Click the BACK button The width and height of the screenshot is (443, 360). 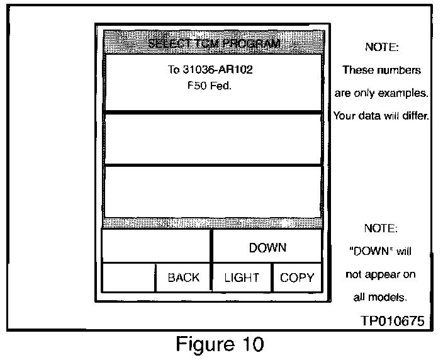point(183,278)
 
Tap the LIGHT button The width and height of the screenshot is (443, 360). point(242,278)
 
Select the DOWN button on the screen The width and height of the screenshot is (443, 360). point(267,247)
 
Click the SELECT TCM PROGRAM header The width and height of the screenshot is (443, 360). point(213,43)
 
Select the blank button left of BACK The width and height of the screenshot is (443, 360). point(129,278)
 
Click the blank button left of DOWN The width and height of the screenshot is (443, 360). point(155,245)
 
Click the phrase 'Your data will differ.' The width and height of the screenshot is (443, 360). point(381,116)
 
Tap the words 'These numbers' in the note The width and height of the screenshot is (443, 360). point(381,70)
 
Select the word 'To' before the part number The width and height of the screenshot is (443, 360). point(174,70)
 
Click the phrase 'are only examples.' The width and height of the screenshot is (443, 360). point(381,93)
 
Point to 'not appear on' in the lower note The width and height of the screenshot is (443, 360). point(381,275)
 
